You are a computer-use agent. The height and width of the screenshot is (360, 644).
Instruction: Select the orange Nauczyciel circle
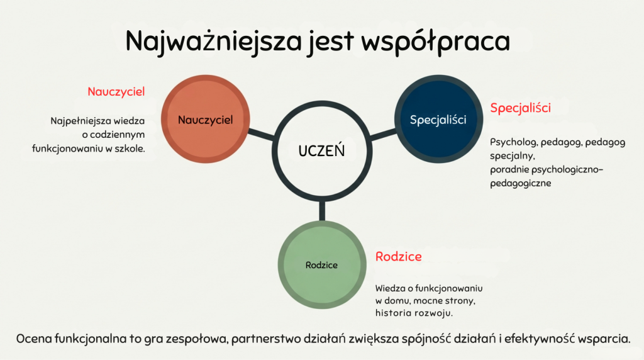tap(206, 119)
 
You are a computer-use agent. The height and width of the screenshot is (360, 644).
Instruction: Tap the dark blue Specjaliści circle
tap(438, 119)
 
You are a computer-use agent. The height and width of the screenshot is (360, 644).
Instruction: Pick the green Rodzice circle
tap(322, 265)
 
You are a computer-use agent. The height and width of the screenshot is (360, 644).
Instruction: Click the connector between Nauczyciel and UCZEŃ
tap(261, 135)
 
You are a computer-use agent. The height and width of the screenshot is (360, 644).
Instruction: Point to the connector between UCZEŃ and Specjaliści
tap(383, 135)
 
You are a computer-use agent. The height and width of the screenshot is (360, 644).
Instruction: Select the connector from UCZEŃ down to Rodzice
tap(322, 211)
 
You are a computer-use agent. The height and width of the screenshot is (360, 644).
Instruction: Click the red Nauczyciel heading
tap(116, 92)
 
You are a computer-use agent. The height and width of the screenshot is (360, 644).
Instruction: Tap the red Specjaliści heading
tap(520, 108)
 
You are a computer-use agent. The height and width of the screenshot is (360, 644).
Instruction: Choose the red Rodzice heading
tap(398, 256)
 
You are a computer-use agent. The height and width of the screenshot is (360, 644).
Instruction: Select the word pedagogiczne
tap(520, 183)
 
